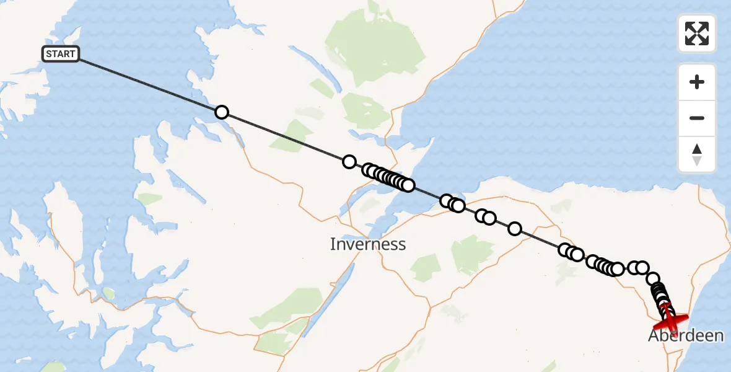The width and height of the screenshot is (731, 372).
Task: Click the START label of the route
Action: pos(60,54)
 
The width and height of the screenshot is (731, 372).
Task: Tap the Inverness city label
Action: pos(367,244)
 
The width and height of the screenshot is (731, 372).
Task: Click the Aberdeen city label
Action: pos(686,336)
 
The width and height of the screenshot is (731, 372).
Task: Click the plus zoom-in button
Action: pos(697,82)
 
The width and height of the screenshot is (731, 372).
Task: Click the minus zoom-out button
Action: pos(697,118)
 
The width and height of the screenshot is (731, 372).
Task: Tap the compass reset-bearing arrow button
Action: pos(697,154)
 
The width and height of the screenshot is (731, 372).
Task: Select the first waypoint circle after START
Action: pos(221,112)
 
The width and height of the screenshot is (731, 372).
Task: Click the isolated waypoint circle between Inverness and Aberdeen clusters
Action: pos(514,229)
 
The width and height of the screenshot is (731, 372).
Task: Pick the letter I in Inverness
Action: pos(333,244)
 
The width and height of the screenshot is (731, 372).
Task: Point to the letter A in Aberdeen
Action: pos(654,336)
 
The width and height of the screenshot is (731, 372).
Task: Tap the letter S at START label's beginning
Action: pos(49,54)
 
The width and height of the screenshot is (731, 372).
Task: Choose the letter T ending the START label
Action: pos(72,54)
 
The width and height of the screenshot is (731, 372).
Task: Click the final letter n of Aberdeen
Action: pos(719,336)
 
